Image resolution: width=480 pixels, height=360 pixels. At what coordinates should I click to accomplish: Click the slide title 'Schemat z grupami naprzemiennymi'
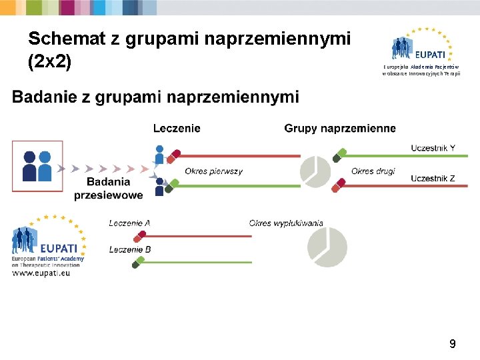pyautogui.click(x=189, y=39)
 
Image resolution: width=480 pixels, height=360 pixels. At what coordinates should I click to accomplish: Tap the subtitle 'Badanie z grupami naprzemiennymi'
pyautogui.click(x=156, y=98)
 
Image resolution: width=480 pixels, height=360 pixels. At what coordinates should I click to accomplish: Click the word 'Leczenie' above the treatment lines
pyautogui.click(x=177, y=128)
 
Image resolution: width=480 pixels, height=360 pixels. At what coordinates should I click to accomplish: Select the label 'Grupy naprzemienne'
pyautogui.click(x=340, y=128)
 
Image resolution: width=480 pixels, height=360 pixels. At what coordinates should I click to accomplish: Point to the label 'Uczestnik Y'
pyautogui.click(x=433, y=147)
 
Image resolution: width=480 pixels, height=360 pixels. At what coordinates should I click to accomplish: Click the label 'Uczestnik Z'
pyautogui.click(x=433, y=178)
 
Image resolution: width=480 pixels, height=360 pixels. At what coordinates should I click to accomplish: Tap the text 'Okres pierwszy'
pyautogui.click(x=214, y=171)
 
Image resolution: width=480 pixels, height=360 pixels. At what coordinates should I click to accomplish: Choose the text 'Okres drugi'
pyautogui.click(x=373, y=171)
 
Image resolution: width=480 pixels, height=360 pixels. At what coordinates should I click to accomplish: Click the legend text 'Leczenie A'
pyautogui.click(x=129, y=223)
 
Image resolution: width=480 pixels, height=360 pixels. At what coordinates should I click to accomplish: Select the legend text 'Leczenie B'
pyautogui.click(x=129, y=249)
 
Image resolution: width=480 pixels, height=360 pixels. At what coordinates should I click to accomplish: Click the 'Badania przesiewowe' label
pyautogui.click(x=109, y=189)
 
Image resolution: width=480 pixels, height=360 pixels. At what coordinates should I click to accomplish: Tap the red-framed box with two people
pyautogui.click(x=37, y=166)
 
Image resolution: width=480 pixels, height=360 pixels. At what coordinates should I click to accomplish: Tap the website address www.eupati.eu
pyautogui.click(x=41, y=273)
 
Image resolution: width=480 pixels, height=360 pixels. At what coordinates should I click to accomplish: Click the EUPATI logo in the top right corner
pyautogui.click(x=421, y=48)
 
